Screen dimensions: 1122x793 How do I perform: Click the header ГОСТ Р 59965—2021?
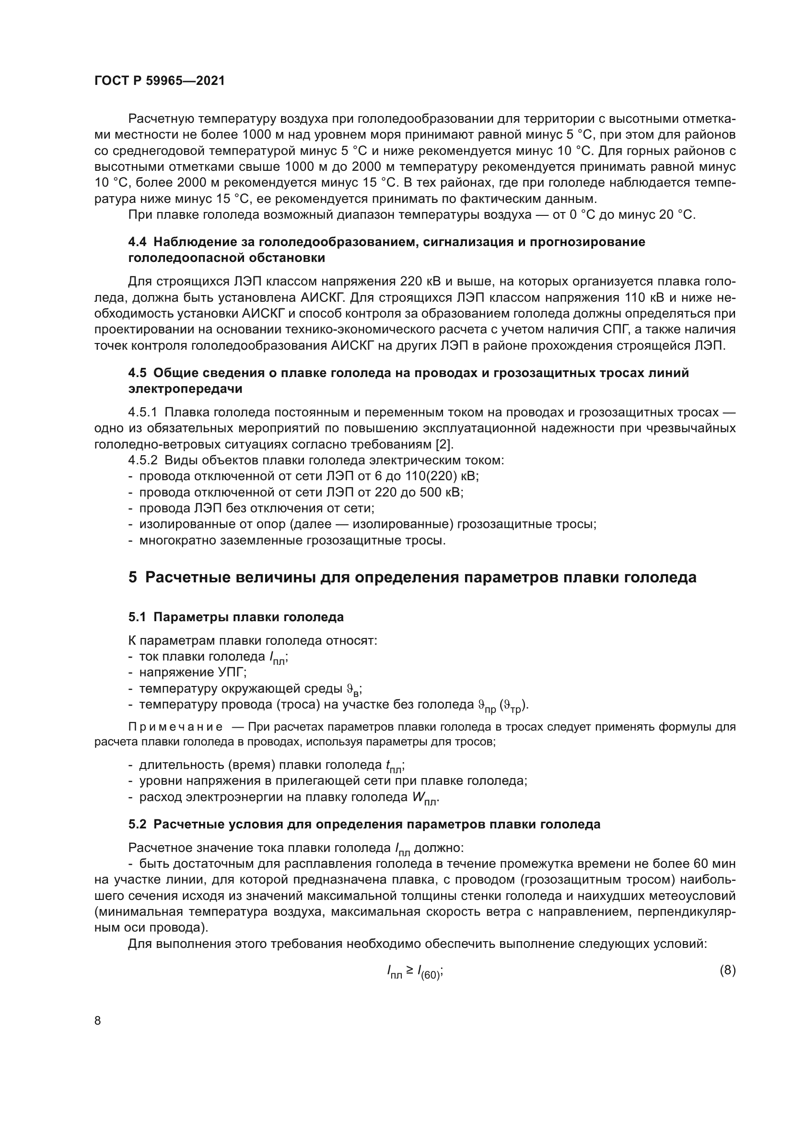pos(160,81)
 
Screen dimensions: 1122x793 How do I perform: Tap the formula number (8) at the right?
pos(728,970)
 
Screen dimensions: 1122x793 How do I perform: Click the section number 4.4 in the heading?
pos(138,242)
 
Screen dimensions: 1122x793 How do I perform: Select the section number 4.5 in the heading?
pos(138,373)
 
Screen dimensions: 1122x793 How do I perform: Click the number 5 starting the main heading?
pos(133,578)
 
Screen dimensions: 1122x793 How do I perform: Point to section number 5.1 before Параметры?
pos(138,617)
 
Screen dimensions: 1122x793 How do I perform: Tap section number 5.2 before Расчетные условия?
pos(138,825)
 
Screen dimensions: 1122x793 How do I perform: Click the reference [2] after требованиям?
pos(444,444)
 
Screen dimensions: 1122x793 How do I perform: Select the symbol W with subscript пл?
pos(424,799)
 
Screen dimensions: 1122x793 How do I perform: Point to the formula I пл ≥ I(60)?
pos(415,971)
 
